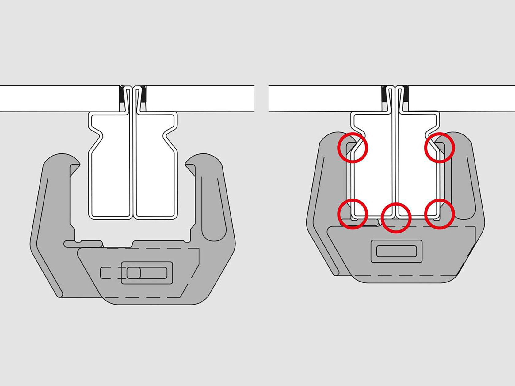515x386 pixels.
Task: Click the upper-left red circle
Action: [353, 148]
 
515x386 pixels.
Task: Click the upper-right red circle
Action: [439, 148]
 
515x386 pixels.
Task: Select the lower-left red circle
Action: [353, 214]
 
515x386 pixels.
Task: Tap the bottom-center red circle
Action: [396, 218]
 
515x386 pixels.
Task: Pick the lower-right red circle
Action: [439, 214]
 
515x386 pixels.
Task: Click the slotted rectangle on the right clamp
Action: [396, 252]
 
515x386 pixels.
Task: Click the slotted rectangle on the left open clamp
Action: [147, 273]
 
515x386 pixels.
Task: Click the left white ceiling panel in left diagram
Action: [58, 98]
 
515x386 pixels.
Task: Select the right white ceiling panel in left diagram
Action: [199, 98]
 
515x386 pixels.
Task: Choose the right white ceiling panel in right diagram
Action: [460, 98]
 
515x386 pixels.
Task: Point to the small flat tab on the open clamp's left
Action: [83, 244]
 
